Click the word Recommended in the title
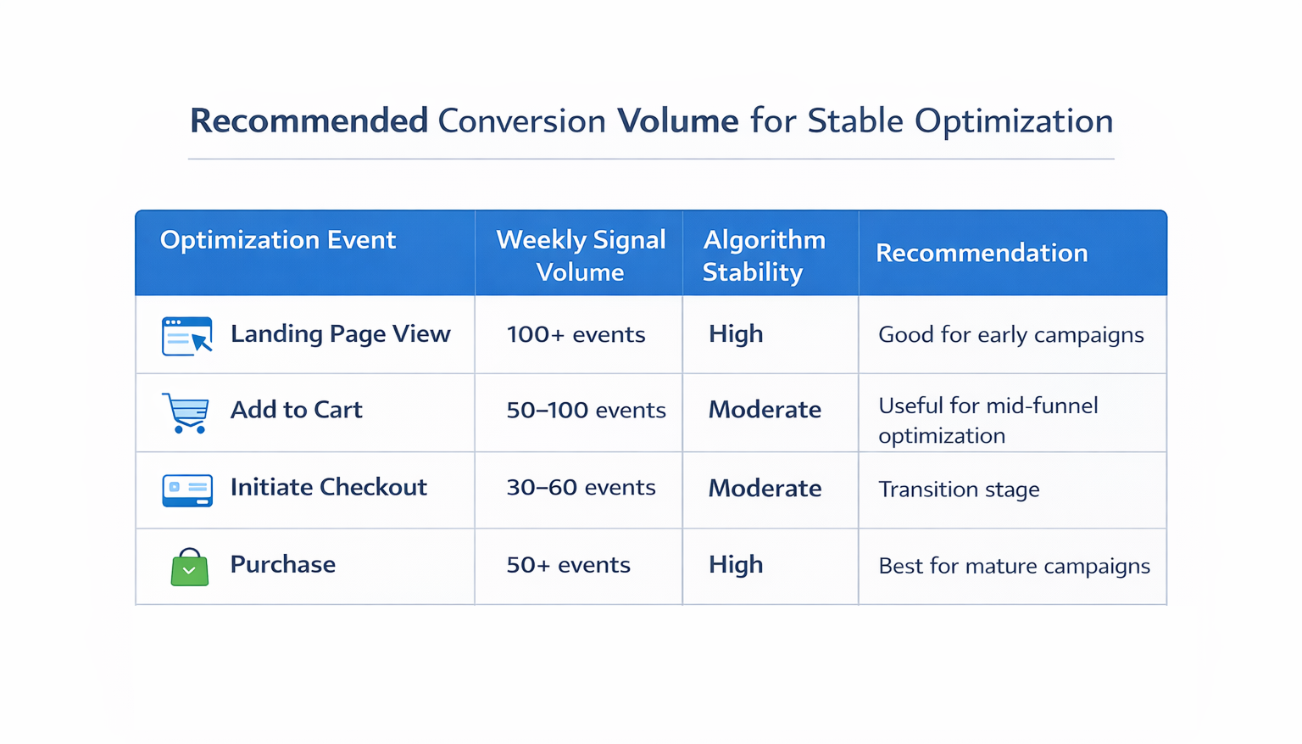tap(309, 121)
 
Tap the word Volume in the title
tap(677, 121)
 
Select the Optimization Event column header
tap(278, 240)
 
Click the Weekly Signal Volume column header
tap(581, 255)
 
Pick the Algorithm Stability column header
tap(764, 255)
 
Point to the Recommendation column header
tap(982, 253)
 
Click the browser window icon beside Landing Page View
tap(186, 336)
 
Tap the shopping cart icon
tap(186, 413)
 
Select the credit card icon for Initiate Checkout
tap(187, 490)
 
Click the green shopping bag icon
tap(189, 567)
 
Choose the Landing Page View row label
tap(340, 334)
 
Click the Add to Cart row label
tap(296, 410)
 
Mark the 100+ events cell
tap(576, 334)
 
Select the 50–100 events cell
tap(586, 411)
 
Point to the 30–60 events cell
tap(581, 488)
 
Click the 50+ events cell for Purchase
tap(568, 565)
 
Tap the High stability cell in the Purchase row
tap(736, 565)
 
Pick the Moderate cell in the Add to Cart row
tap(765, 410)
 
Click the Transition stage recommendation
tap(959, 489)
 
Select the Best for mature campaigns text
tap(1014, 566)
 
